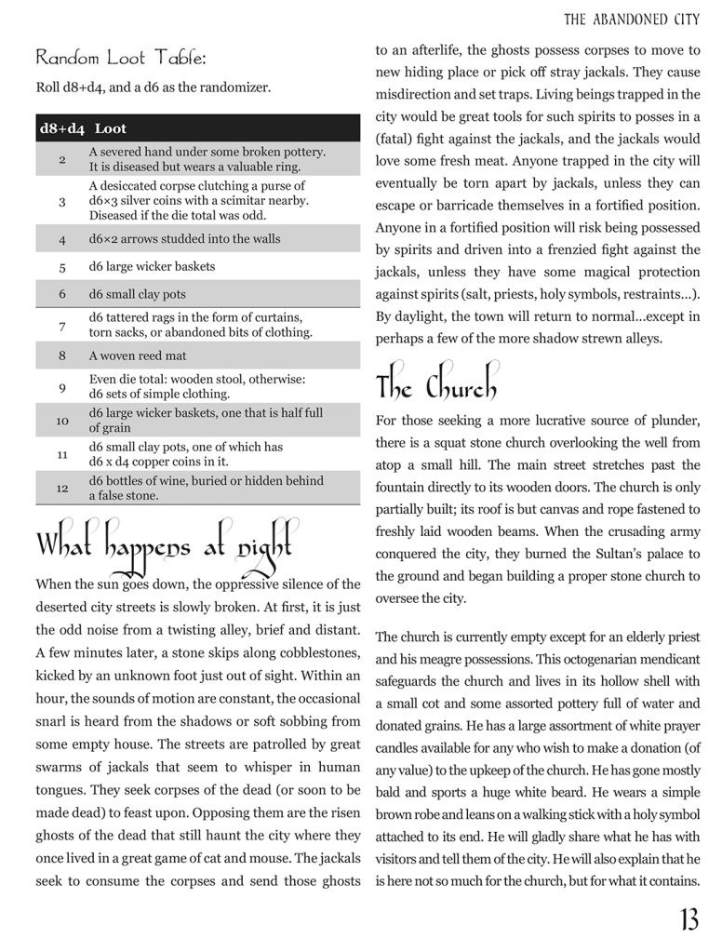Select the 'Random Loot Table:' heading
(x=121, y=58)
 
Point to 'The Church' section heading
(x=436, y=382)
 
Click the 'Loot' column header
(x=111, y=128)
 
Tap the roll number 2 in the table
(x=62, y=159)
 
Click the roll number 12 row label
(x=62, y=489)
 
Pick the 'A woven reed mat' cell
(x=138, y=355)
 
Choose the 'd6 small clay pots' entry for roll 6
(x=138, y=294)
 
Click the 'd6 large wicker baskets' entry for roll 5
(x=152, y=266)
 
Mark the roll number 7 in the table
(x=62, y=325)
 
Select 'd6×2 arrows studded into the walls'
(x=184, y=238)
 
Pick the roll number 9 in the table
(x=62, y=386)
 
